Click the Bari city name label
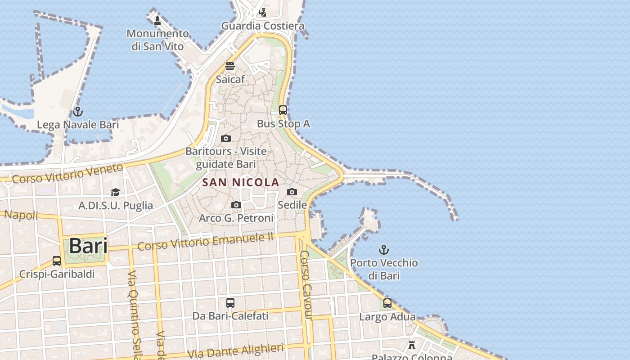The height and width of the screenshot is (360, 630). tap(88, 246)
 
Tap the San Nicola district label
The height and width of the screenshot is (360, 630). tap(241, 182)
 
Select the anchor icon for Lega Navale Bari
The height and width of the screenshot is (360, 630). tap(78, 111)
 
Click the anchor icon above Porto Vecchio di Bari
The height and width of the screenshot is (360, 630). tap(384, 249)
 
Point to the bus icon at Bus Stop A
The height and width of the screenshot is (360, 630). tap(283, 110)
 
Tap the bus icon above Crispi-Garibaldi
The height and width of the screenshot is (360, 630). tap(57, 261)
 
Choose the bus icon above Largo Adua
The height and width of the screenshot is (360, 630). tap(387, 303)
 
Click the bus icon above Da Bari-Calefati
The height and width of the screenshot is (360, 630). tap(230, 302)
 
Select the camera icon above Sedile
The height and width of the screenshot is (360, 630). tap(292, 192)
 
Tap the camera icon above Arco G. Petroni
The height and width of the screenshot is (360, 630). tap(236, 205)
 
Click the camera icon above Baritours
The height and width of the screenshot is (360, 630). tap(226, 138)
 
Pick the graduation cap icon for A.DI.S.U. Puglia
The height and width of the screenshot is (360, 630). tap(116, 192)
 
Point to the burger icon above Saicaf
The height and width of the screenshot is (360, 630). tap(230, 66)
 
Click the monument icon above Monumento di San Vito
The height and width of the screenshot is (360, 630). tap(157, 20)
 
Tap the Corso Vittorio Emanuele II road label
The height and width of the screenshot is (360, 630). tap(206, 242)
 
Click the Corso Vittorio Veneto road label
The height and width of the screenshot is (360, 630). tap(67, 173)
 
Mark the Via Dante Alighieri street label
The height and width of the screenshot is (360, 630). tap(236, 351)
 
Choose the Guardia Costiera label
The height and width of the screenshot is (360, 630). tap(263, 26)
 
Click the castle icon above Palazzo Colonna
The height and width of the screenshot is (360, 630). tap(411, 345)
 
